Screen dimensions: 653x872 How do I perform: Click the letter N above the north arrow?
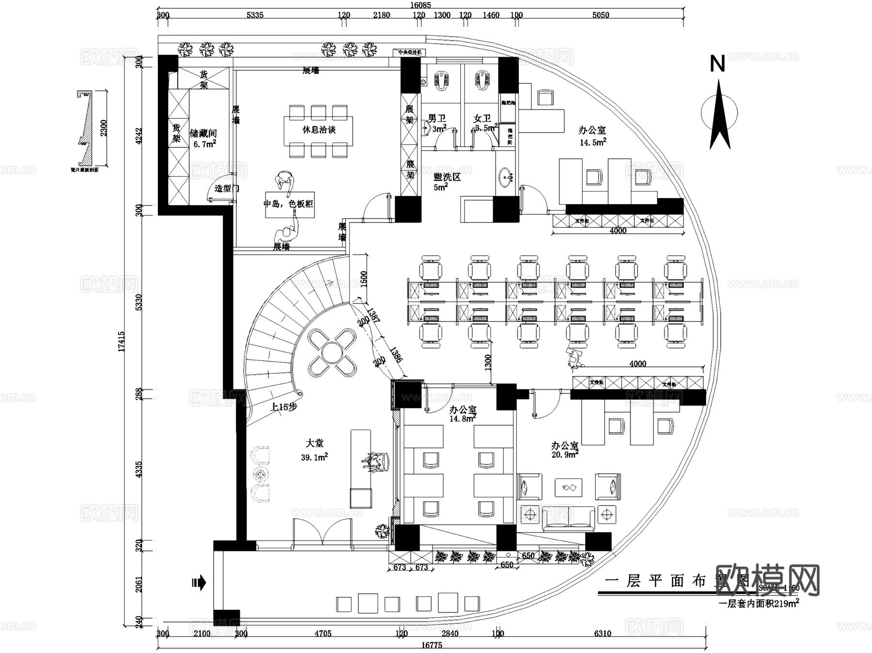coord(717,64)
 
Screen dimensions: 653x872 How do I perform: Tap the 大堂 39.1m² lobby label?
coord(314,449)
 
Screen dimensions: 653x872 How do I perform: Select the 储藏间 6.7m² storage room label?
coord(203,138)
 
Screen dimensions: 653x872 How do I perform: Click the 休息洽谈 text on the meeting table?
coord(319,130)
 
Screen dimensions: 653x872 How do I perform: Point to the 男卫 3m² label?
coord(437,123)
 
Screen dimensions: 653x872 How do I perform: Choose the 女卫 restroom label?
coord(482,119)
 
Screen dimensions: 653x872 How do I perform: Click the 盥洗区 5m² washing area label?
coord(447,181)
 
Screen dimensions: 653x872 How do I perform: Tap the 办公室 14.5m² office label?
coord(592,136)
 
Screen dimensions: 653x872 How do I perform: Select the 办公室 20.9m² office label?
coord(565,449)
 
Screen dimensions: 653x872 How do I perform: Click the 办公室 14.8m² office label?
coord(463,414)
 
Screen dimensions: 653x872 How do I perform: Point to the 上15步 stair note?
coord(284,407)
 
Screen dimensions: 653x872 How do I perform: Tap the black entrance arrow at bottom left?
coord(199,582)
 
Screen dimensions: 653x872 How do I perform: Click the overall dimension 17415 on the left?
coord(121,341)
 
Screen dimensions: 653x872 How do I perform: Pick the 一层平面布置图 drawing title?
coord(678,580)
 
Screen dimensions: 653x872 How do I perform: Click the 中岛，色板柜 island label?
coord(288,204)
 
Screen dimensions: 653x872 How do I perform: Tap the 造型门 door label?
coord(227,188)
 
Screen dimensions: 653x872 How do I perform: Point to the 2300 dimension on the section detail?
coord(104,128)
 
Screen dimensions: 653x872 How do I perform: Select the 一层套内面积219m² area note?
coord(759,604)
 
